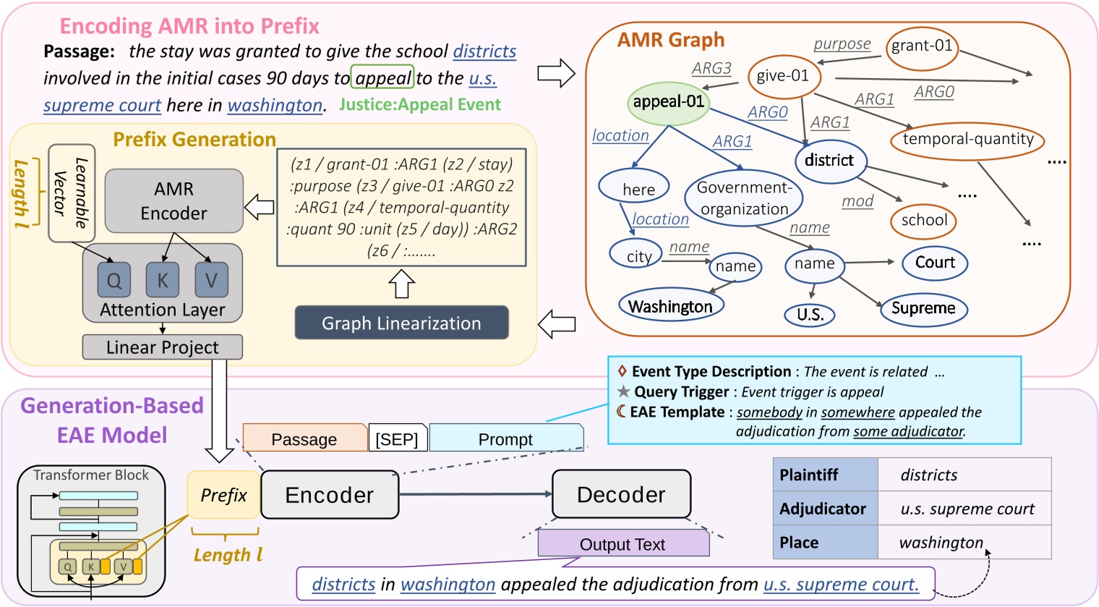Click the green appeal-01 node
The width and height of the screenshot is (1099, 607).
[x=668, y=102]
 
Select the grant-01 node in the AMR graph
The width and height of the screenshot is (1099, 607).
[x=921, y=46]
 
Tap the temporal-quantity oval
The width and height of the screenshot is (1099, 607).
[x=967, y=140]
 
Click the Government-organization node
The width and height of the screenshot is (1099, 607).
[x=744, y=198]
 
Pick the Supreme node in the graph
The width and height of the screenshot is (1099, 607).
[x=923, y=308]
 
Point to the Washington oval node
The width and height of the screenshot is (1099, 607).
[x=670, y=307]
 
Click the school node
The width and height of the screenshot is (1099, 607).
[x=923, y=221]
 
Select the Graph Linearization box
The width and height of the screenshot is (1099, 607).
[x=401, y=323]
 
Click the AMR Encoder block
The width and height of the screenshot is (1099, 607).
[x=174, y=201]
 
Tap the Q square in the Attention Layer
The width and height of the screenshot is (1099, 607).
[x=114, y=281]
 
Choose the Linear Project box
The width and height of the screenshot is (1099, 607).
[x=162, y=347]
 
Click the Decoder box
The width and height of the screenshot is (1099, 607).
[x=620, y=494]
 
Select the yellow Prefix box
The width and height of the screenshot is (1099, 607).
[x=223, y=496]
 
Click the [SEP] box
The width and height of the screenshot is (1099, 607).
[x=397, y=439]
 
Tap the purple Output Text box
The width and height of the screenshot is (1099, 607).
[x=623, y=544]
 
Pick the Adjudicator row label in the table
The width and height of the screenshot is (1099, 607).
[x=824, y=509]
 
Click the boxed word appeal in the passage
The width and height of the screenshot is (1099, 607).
[x=382, y=78]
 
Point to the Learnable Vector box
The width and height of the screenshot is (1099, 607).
[x=71, y=193]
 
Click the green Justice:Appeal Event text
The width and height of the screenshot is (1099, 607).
[x=419, y=105]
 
